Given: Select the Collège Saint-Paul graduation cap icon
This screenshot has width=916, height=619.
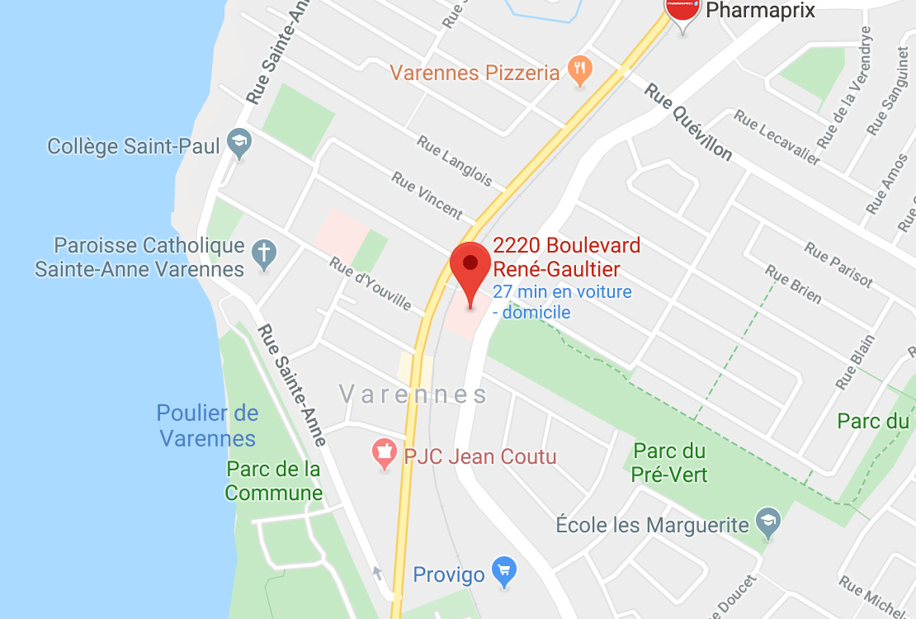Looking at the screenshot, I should point(239,145).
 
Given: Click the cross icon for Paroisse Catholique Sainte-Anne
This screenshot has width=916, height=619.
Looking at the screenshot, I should point(264,255).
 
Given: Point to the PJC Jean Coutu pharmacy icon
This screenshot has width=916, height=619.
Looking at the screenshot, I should point(384,454).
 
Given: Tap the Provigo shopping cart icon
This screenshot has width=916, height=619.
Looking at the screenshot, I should point(503,570).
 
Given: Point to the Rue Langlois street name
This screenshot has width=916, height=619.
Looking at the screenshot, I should point(454,161).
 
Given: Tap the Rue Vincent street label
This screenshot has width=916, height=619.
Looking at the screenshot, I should point(427,195).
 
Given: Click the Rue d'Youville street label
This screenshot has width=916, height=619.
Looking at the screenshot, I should point(370,283).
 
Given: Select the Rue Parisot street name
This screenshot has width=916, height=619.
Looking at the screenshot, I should point(838,264).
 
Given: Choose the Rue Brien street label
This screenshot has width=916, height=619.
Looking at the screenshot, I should point(792,284).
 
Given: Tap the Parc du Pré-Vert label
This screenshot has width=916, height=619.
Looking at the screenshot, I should point(669,462).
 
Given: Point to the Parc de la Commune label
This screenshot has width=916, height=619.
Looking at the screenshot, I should point(274,481).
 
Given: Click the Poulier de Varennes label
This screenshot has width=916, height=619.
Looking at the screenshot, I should point(207,425).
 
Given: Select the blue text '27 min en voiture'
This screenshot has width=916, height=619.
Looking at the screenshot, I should point(562,291).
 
